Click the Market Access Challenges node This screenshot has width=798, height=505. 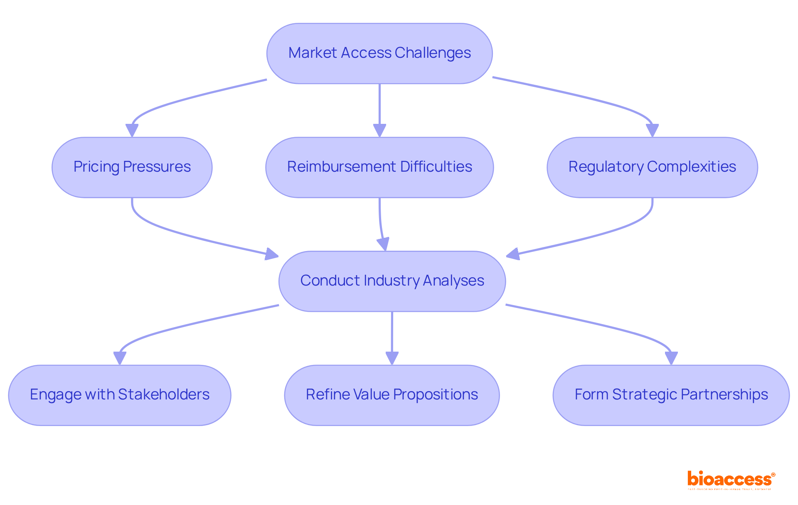pyautogui.click(x=379, y=54)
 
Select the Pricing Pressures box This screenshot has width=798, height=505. pyautogui.click(x=132, y=167)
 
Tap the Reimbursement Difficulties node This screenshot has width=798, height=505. pyautogui.click(x=379, y=167)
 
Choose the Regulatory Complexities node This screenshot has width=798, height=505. pyautogui.click(x=652, y=167)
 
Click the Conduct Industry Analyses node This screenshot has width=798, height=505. pyautogui.click(x=392, y=281)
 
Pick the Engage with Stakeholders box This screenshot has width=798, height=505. pyautogui.click(x=120, y=395)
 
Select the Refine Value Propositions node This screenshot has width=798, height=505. pyautogui.click(x=392, y=395)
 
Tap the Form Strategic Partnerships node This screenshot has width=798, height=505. pyautogui.click(x=671, y=395)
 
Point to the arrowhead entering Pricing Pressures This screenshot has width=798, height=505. pyautogui.click(x=132, y=131)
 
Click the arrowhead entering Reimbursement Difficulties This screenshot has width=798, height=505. pyautogui.click(x=379, y=131)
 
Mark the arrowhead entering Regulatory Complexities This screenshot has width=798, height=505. pyautogui.click(x=652, y=131)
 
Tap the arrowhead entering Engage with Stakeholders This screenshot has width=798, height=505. pyautogui.click(x=120, y=358)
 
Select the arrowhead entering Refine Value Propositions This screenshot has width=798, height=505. pyautogui.click(x=392, y=358)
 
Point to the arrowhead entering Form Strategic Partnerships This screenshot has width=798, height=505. pyautogui.click(x=671, y=358)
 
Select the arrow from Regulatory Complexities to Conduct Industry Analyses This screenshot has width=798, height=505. pyautogui.click(x=603, y=233)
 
